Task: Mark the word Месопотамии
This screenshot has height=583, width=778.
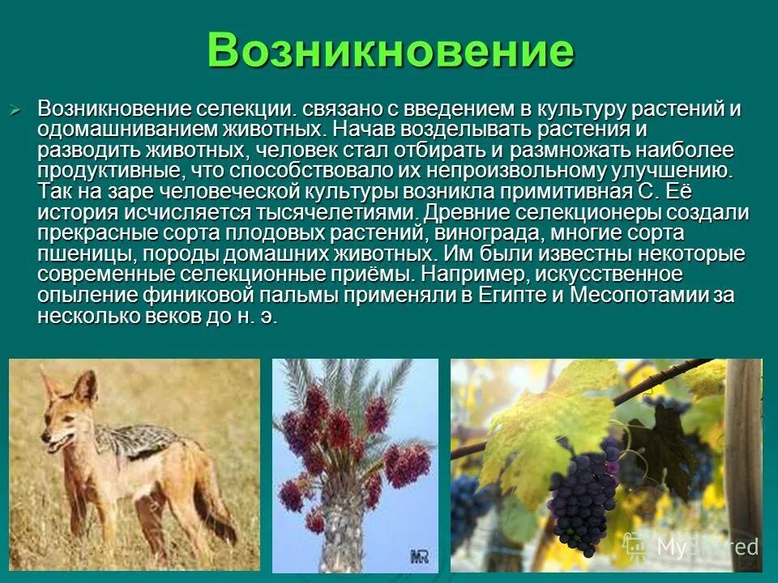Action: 640,296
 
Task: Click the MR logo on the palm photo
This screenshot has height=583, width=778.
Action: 418,556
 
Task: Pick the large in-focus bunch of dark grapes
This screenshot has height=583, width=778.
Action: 582,494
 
